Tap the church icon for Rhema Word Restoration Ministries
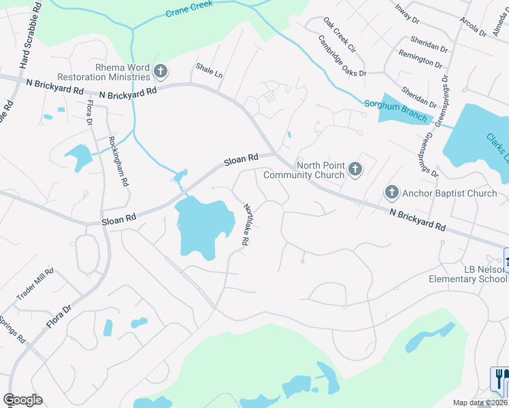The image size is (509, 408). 161,70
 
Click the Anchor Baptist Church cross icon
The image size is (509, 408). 391,193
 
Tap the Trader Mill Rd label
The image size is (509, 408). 35,285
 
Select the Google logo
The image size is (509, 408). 22,400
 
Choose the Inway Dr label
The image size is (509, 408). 408,14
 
